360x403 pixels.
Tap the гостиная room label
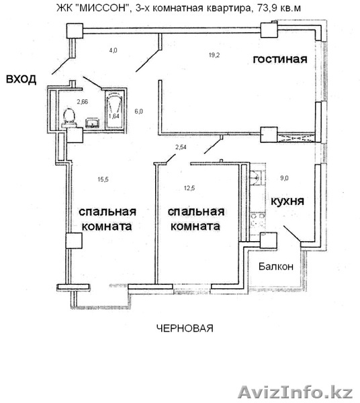click(x=279, y=59)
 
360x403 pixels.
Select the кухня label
click(x=287, y=201)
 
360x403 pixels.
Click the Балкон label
click(x=276, y=267)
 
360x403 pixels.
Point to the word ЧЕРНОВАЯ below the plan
click(x=185, y=328)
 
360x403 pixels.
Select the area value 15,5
click(x=103, y=179)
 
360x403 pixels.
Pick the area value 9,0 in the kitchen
click(x=285, y=178)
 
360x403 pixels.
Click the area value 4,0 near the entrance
click(x=114, y=50)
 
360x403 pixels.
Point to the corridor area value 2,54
click(x=181, y=146)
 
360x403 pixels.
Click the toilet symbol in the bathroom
click(x=66, y=117)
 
